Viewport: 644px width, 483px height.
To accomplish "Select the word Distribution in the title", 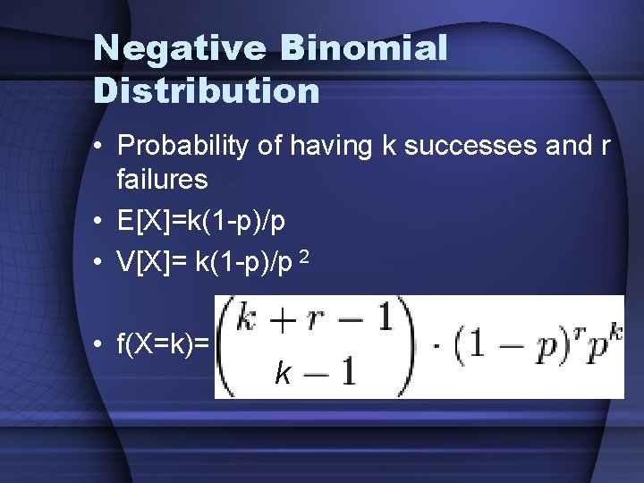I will (x=207, y=90).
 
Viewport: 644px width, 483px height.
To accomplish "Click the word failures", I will (x=162, y=179).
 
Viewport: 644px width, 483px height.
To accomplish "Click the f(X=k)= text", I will (x=163, y=343).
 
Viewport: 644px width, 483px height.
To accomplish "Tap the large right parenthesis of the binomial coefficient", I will (x=406, y=346).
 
